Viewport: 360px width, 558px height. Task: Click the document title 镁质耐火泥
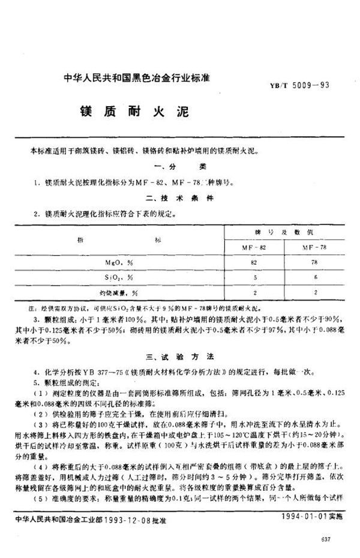pyautogui.click(x=115, y=112)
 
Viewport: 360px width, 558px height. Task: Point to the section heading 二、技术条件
pyautogui.click(x=180, y=197)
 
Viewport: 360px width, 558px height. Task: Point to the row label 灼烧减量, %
pyautogui.click(x=118, y=293)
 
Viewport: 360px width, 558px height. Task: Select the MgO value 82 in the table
pyautogui.click(x=254, y=262)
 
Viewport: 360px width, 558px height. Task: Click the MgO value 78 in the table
pyautogui.click(x=314, y=262)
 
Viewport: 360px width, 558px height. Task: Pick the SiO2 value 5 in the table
pyautogui.click(x=254, y=278)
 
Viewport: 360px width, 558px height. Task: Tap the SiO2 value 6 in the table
pyautogui.click(x=314, y=278)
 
